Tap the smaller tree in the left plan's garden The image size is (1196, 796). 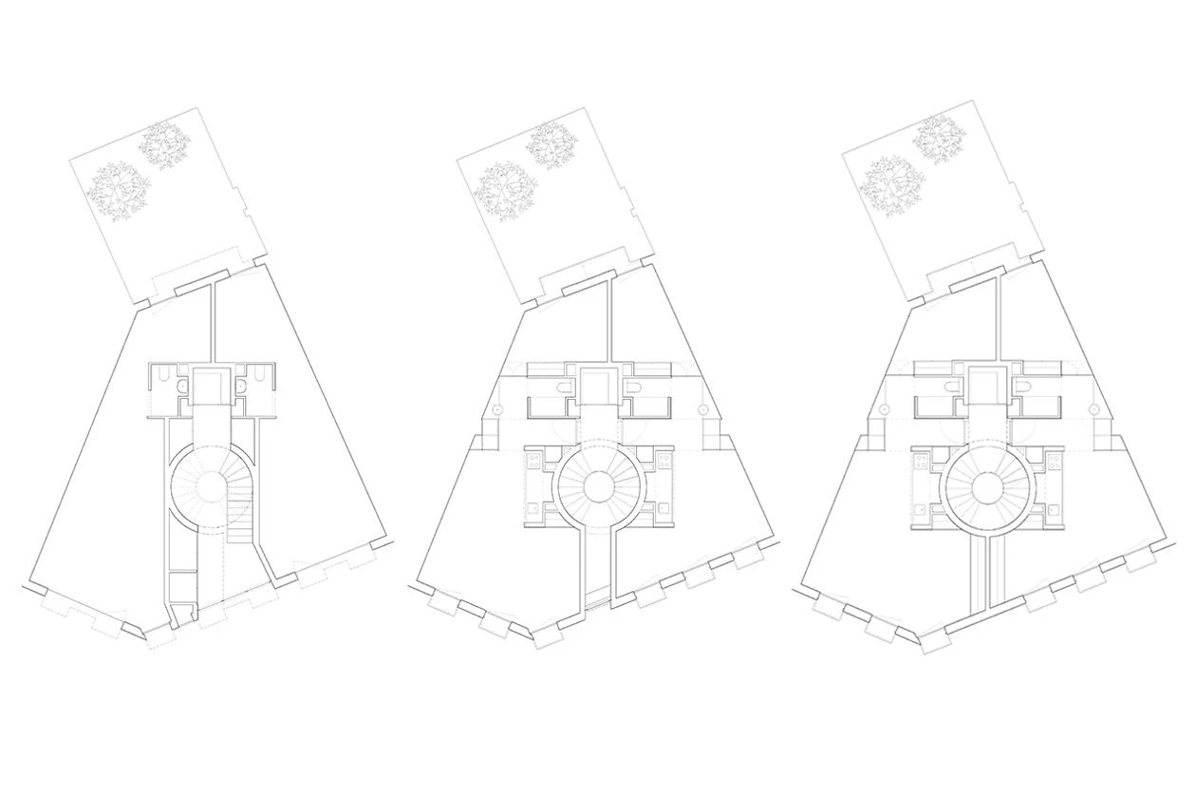[164, 144]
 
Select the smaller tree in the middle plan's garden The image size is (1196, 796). [551, 144]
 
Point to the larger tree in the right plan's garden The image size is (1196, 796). [889, 187]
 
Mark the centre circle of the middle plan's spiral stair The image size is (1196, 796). [598, 487]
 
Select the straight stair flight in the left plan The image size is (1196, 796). [240, 521]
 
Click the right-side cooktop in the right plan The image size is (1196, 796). [1051, 463]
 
